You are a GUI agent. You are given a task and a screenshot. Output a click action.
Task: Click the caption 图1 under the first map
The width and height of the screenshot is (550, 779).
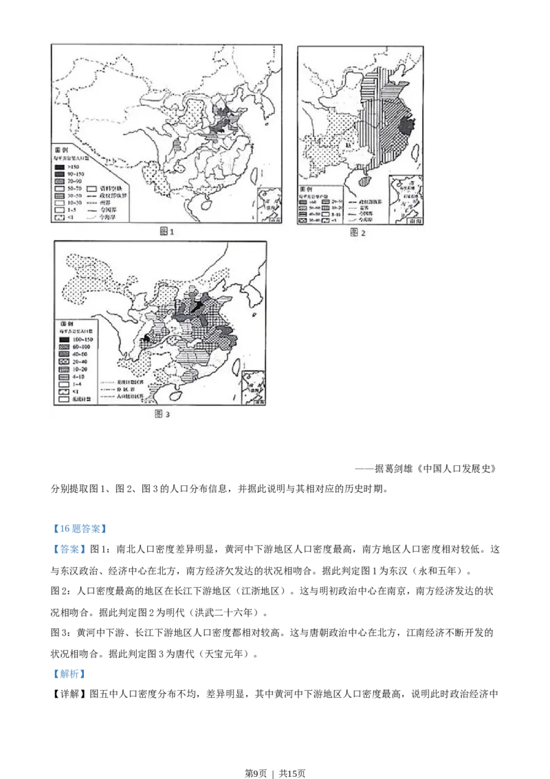pos(167,232)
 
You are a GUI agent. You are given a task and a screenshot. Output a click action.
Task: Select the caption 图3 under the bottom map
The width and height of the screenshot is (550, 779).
pos(162,414)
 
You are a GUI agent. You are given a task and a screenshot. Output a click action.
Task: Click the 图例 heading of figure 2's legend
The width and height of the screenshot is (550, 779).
pos(307,189)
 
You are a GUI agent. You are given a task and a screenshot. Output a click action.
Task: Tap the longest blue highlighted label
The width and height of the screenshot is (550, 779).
pos(80,529)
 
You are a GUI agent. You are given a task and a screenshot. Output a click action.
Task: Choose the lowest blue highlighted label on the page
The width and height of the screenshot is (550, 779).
pos(69,674)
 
